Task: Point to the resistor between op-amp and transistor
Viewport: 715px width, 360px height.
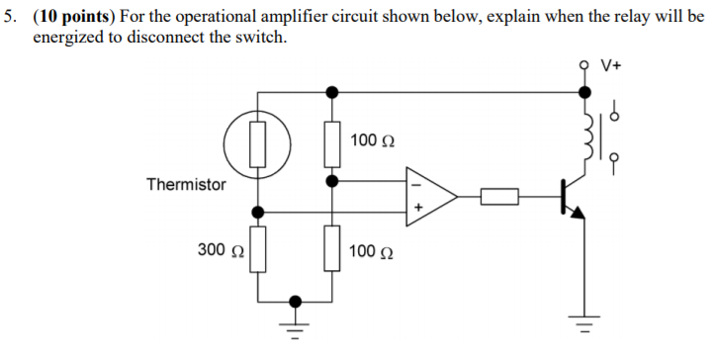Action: click(500, 197)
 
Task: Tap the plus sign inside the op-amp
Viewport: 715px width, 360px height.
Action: click(416, 209)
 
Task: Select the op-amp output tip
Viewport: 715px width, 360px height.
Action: click(457, 197)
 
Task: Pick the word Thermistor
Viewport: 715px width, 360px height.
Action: click(186, 184)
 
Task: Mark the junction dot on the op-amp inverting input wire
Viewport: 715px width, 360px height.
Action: click(332, 182)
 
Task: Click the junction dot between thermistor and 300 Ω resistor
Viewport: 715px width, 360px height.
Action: click(258, 212)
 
